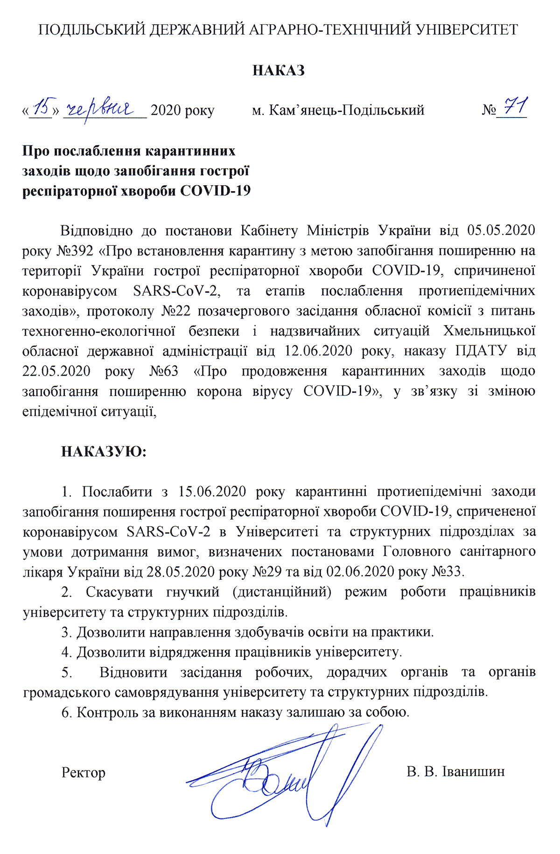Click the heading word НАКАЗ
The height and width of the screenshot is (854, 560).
(279, 70)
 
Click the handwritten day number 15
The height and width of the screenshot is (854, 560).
(44, 107)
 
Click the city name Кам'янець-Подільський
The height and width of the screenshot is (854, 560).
(338, 111)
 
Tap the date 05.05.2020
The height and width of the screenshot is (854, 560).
(501, 230)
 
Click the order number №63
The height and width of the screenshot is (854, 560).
(163, 371)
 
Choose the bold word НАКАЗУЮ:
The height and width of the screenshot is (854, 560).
(104, 451)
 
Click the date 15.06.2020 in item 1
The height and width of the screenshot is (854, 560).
(210, 492)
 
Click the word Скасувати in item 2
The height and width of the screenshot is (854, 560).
(119, 592)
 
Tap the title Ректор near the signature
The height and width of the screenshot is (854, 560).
(84, 772)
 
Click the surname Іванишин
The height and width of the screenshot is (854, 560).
(476, 771)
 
